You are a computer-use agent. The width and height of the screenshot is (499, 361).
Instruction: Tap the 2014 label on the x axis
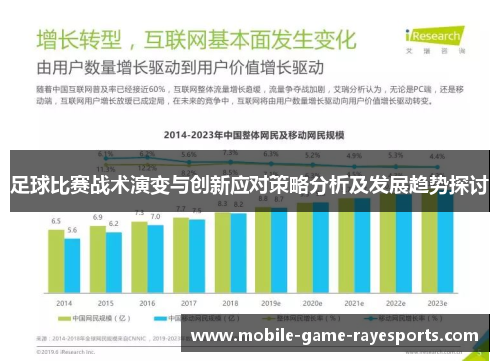[64, 302]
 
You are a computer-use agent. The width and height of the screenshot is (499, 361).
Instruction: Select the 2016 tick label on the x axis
[147, 302]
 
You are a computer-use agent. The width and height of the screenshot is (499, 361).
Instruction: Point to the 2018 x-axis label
[230, 302]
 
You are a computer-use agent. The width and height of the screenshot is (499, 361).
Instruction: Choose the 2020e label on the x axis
[312, 302]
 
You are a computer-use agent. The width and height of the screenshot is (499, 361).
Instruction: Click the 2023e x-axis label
[437, 302]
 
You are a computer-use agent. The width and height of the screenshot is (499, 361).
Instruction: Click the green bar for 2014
[56, 261]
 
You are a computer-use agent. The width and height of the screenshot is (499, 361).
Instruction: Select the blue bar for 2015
[113, 264]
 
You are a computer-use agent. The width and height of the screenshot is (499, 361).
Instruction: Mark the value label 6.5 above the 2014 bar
[56, 221]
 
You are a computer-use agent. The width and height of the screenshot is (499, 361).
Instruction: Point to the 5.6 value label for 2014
[72, 230]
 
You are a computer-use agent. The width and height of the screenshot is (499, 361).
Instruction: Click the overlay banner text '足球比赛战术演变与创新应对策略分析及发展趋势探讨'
[249, 184]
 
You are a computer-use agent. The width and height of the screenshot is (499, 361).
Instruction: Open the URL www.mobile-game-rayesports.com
[334, 337]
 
